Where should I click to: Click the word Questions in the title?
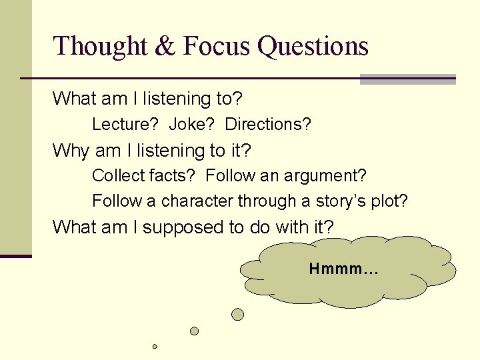point(313,47)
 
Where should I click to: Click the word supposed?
point(183,227)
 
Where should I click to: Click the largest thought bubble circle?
point(237,314)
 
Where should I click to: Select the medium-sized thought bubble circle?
point(194,331)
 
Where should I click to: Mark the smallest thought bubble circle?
point(155,347)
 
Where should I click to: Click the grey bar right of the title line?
point(407,79)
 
